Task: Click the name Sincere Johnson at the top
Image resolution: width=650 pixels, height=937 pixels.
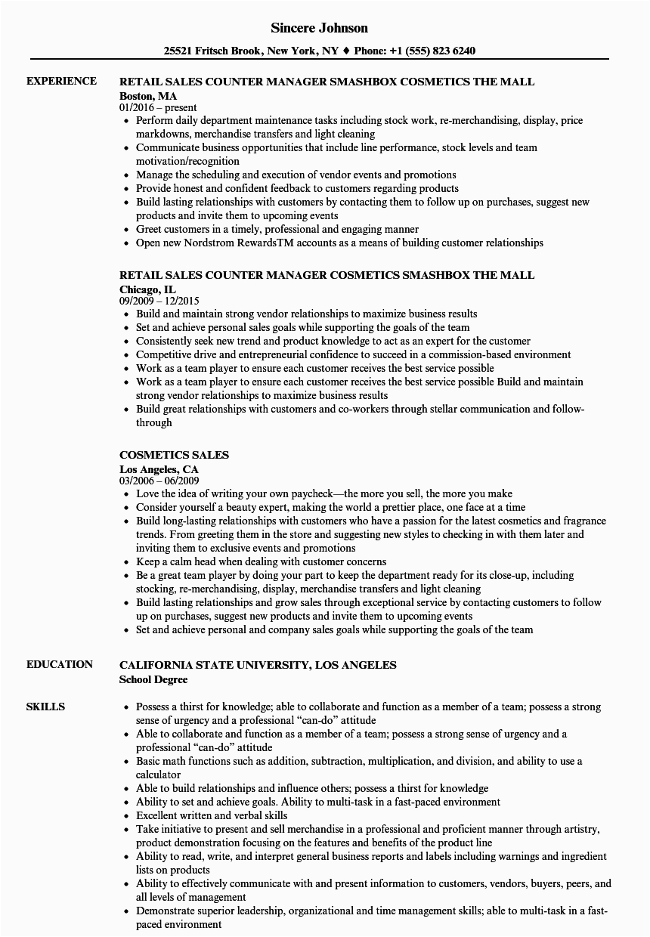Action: click(x=320, y=28)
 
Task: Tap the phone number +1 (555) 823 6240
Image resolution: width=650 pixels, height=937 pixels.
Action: click(x=433, y=51)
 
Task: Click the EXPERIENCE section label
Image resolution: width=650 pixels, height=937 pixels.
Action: click(x=61, y=81)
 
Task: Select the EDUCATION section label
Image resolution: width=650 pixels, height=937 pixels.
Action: click(x=60, y=664)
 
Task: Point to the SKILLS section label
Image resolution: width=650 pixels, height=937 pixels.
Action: click(x=45, y=707)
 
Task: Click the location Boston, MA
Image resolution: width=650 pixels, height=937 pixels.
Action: click(x=148, y=95)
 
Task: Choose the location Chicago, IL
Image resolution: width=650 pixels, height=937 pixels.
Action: click(x=147, y=289)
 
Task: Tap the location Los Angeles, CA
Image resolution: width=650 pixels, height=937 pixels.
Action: click(x=159, y=468)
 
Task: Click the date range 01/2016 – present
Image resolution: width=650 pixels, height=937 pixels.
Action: click(x=158, y=107)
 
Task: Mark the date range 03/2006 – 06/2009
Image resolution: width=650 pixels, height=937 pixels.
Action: click(x=159, y=481)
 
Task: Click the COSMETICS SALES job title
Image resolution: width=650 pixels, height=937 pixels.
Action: click(x=175, y=455)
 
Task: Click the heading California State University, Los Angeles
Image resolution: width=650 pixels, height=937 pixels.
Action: click(x=258, y=665)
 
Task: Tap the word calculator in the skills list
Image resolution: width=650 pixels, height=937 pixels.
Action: click(x=158, y=775)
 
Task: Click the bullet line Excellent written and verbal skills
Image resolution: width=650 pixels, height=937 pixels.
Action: click(x=212, y=815)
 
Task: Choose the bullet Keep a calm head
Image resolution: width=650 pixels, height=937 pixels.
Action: click(x=261, y=561)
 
